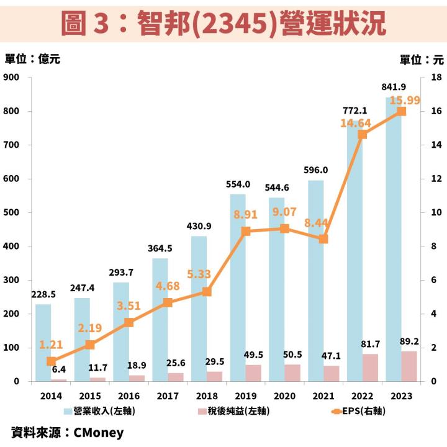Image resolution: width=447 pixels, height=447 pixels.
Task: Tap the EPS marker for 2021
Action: click(x=323, y=238)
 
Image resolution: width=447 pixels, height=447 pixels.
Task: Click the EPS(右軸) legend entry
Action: click(x=348, y=410)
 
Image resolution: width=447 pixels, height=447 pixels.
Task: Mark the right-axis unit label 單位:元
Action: click(x=422, y=60)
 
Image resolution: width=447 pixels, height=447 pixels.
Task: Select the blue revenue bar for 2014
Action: click(x=43, y=342)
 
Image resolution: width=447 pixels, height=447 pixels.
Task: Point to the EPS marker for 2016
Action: click(x=129, y=322)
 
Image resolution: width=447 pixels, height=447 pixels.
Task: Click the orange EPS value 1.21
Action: click(x=51, y=343)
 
